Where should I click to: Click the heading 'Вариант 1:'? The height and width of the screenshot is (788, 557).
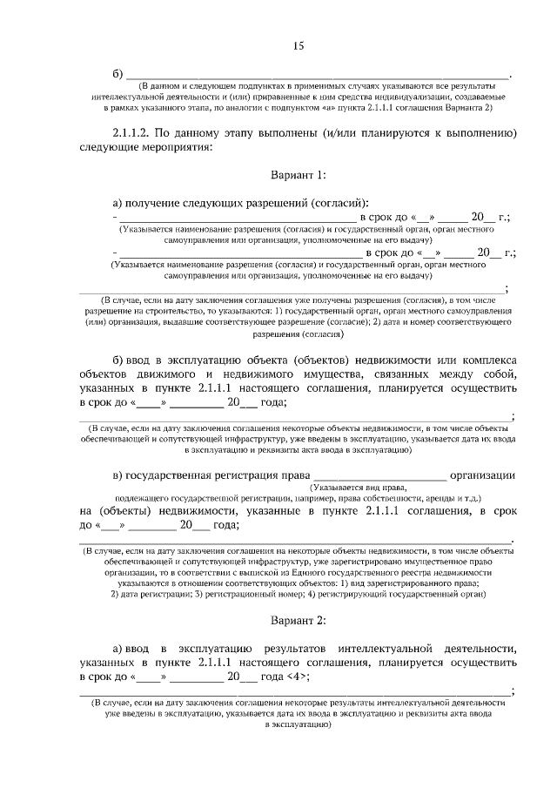click(x=297, y=175)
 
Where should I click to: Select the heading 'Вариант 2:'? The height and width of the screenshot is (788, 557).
click(x=297, y=620)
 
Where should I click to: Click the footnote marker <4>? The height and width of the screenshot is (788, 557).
click(x=296, y=676)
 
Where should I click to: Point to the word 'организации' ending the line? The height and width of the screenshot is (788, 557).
click(x=485, y=475)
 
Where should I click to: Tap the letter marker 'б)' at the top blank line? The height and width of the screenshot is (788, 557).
click(x=119, y=73)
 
